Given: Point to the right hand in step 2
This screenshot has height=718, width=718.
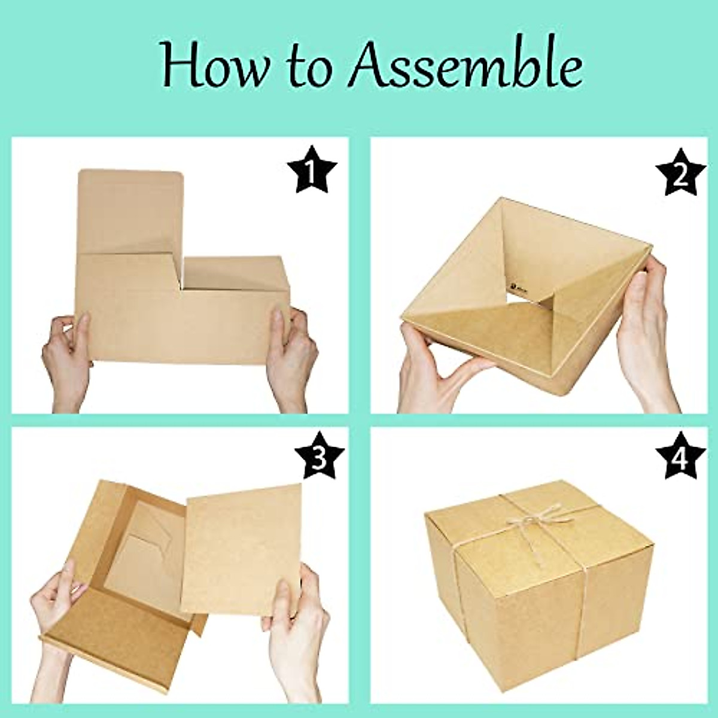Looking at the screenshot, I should click(649, 335).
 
